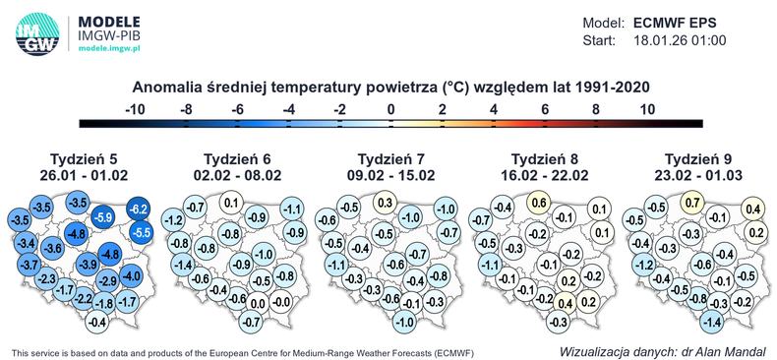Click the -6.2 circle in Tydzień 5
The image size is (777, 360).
(138, 209)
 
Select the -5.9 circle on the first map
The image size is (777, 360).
(102, 216)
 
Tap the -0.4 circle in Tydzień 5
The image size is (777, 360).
(97, 322)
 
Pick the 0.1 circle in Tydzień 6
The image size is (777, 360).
(232, 204)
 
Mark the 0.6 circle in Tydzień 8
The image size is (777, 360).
(538, 203)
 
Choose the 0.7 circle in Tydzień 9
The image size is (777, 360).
(692, 204)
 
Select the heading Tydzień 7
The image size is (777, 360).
(390, 158)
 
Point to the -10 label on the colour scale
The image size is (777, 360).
(135, 108)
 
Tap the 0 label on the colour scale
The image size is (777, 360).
(390, 108)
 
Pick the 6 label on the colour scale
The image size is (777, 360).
(545, 108)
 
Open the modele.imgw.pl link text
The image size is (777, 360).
(109, 46)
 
